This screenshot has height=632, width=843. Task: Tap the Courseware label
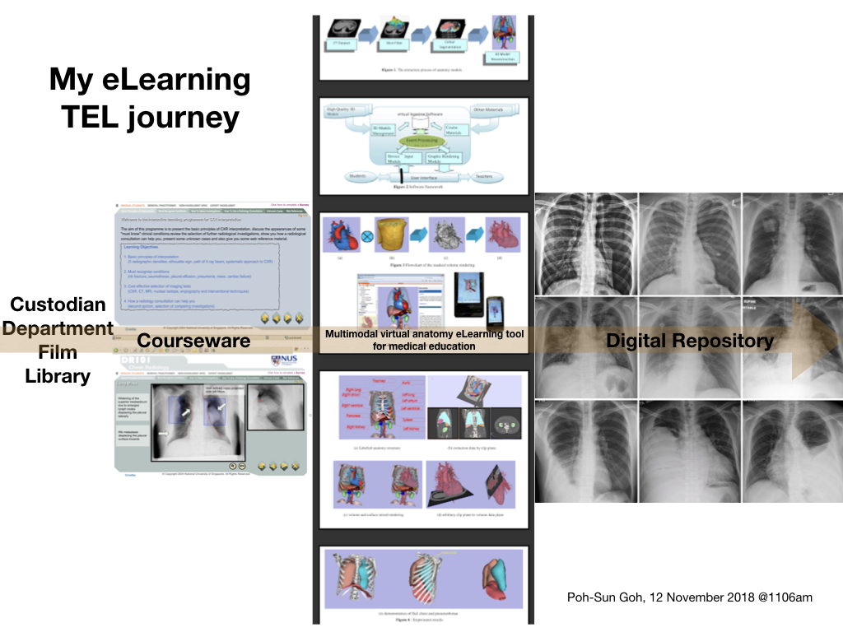pos(193,340)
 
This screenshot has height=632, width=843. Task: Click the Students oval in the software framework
pos(358,175)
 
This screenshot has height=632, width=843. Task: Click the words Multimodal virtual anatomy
pos(388,334)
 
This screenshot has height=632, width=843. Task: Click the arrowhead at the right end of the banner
pos(812,340)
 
